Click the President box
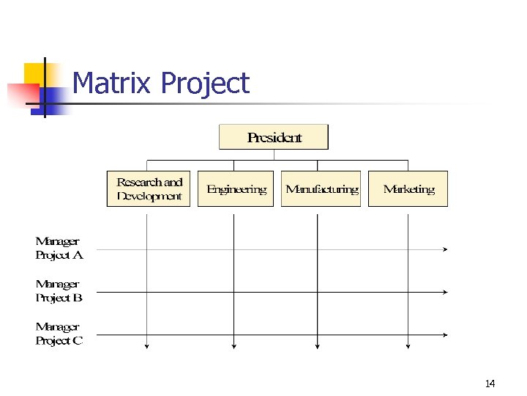[x=274, y=137]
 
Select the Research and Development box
[x=149, y=189]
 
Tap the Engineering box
[x=236, y=189]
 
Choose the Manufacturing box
[x=321, y=189]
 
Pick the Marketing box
[x=408, y=189]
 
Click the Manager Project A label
[x=59, y=249]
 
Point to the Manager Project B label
[x=59, y=291]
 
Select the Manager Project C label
[x=59, y=334]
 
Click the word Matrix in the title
[x=113, y=84]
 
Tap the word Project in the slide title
[x=205, y=84]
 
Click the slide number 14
[x=490, y=384]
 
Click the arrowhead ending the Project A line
[x=445, y=249]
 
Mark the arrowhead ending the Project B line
[x=445, y=292]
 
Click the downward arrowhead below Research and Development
[x=148, y=346]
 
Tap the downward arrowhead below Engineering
[x=233, y=346]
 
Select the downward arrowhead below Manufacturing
[x=317, y=346]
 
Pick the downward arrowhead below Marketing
[x=408, y=346]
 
